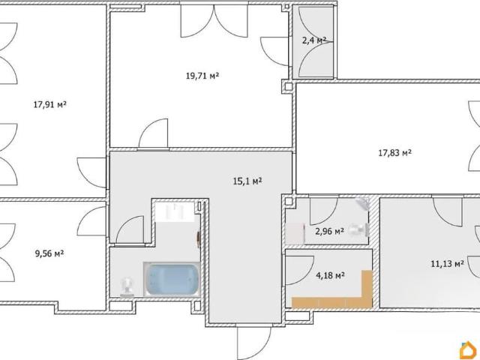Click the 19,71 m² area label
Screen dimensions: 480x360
202,76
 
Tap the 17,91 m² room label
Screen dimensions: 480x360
50,105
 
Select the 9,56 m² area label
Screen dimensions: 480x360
49,253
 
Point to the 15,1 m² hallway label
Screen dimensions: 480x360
247,181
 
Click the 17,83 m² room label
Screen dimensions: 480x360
395,152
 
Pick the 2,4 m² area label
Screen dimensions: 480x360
314,40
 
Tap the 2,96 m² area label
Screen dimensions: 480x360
329,231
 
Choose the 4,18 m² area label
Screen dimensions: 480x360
330,276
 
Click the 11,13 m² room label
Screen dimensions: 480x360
447,263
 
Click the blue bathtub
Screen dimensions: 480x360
172,279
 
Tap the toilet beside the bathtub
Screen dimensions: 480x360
127,286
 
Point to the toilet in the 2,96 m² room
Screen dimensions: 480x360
357,229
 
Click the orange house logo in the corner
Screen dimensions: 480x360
469,349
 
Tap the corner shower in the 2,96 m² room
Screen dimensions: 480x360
363,203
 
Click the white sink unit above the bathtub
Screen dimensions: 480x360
175,211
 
